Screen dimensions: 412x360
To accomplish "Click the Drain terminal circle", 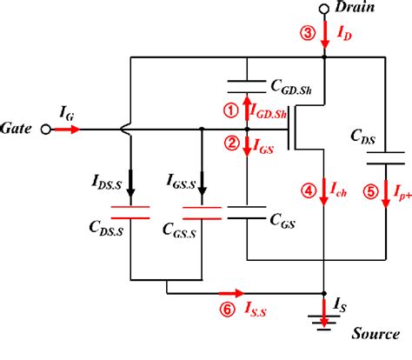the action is pyautogui.click(x=324, y=9).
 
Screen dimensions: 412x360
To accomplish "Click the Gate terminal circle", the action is pyautogui.click(x=45, y=130).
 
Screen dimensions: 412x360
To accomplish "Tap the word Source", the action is pyautogui.click(x=375, y=334).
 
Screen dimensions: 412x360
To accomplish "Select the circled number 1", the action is pyautogui.click(x=231, y=111).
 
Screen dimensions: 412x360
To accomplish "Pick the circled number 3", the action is pyautogui.click(x=308, y=33).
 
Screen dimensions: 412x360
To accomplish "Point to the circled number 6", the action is pyautogui.click(x=228, y=310).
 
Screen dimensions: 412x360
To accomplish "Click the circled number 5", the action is pyautogui.click(x=371, y=191).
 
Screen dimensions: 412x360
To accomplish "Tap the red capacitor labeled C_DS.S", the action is pyautogui.click(x=130, y=212).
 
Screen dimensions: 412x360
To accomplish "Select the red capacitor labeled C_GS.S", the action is pyautogui.click(x=202, y=213).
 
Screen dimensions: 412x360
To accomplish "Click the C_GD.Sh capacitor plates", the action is pyautogui.click(x=247, y=87).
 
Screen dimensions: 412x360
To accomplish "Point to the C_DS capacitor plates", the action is pyautogui.click(x=386, y=158).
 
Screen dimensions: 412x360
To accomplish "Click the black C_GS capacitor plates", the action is pyautogui.click(x=247, y=212).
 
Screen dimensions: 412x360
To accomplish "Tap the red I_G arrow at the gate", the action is pyautogui.click(x=67, y=130).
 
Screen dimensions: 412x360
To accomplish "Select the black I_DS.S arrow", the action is pyautogui.click(x=130, y=183).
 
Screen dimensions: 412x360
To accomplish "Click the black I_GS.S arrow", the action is pyautogui.click(x=202, y=183).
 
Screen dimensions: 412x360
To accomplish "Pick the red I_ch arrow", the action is pyautogui.click(x=324, y=192).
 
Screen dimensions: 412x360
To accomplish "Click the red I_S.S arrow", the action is pyautogui.click(x=231, y=293).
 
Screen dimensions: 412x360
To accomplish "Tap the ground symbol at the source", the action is pyautogui.click(x=324, y=323).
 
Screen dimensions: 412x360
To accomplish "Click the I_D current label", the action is pyautogui.click(x=344, y=33).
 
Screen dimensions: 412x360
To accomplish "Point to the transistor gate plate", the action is pyautogui.click(x=289, y=130).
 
